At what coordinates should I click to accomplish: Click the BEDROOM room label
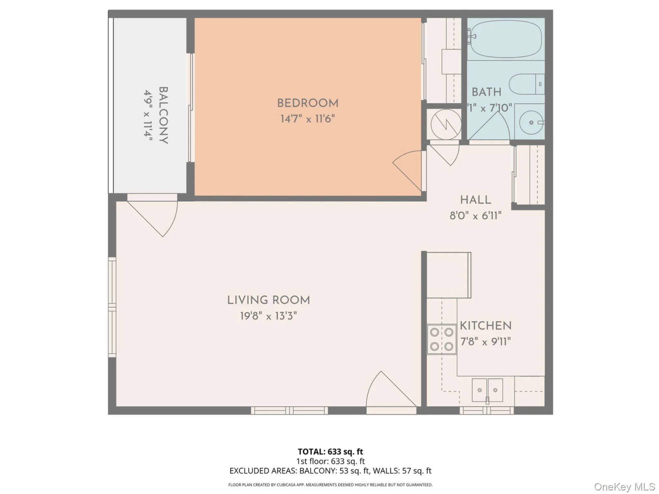pos(308,103)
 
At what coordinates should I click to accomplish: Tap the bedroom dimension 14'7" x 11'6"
pos(308,119)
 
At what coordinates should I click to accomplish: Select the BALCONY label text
pos(163,115)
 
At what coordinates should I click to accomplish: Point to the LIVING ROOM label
pos(269,300)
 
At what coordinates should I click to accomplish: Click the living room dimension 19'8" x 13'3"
pos(269,316)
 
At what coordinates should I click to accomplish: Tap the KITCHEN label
pos(486,326)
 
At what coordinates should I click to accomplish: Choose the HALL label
pos(476,200)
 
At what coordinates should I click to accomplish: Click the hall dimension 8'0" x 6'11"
pos(476,215)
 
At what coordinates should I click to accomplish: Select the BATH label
pos(487,92)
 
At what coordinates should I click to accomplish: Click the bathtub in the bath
pos(506,39)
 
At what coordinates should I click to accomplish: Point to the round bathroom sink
pos(531,123)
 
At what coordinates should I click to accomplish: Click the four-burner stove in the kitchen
pos(442,339)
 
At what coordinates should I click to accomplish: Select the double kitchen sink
pos(487,390)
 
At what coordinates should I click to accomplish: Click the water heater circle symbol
pos(446,124)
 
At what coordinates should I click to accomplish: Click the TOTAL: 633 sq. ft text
pos(330,452)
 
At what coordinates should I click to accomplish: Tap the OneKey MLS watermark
pos(624,487)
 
